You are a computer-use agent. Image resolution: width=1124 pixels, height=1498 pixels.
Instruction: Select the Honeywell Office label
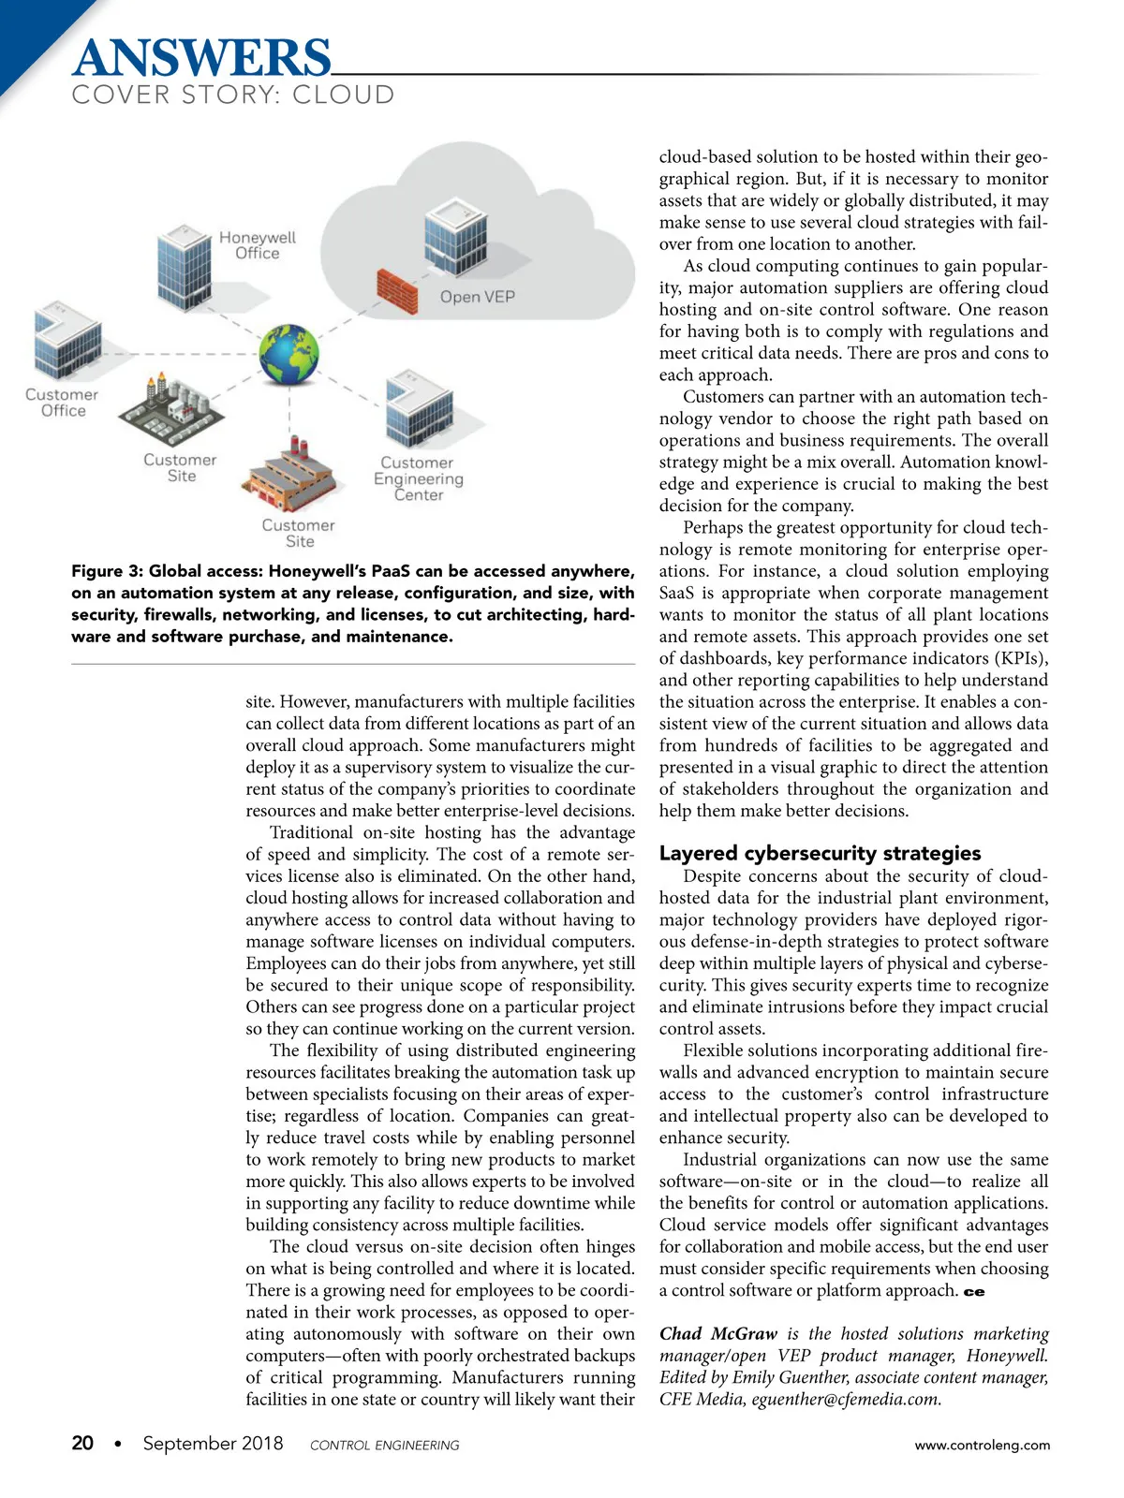[257, 245]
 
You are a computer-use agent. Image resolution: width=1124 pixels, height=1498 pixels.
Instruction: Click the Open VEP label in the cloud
[478, 297]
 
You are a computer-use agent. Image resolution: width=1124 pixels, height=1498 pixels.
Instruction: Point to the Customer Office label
[62, 403]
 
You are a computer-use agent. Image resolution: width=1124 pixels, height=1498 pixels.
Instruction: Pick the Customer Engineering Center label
[418, 478]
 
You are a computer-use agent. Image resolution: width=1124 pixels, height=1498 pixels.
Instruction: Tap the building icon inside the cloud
[456, 235]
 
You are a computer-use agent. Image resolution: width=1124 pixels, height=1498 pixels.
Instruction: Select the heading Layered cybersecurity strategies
[820, 853]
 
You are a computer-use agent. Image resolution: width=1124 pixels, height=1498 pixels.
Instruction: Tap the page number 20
[82, 1443]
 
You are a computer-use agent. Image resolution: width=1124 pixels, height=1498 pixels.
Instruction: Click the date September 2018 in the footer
[213, 1443]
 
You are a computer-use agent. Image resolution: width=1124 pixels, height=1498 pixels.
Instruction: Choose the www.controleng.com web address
[983, 1445]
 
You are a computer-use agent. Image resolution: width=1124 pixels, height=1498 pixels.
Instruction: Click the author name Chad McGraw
[718, 1333]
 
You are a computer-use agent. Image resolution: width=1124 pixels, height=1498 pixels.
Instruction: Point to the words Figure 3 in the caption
[105, 571]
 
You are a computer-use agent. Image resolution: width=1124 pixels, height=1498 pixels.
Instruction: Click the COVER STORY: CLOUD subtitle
[233, 95]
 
